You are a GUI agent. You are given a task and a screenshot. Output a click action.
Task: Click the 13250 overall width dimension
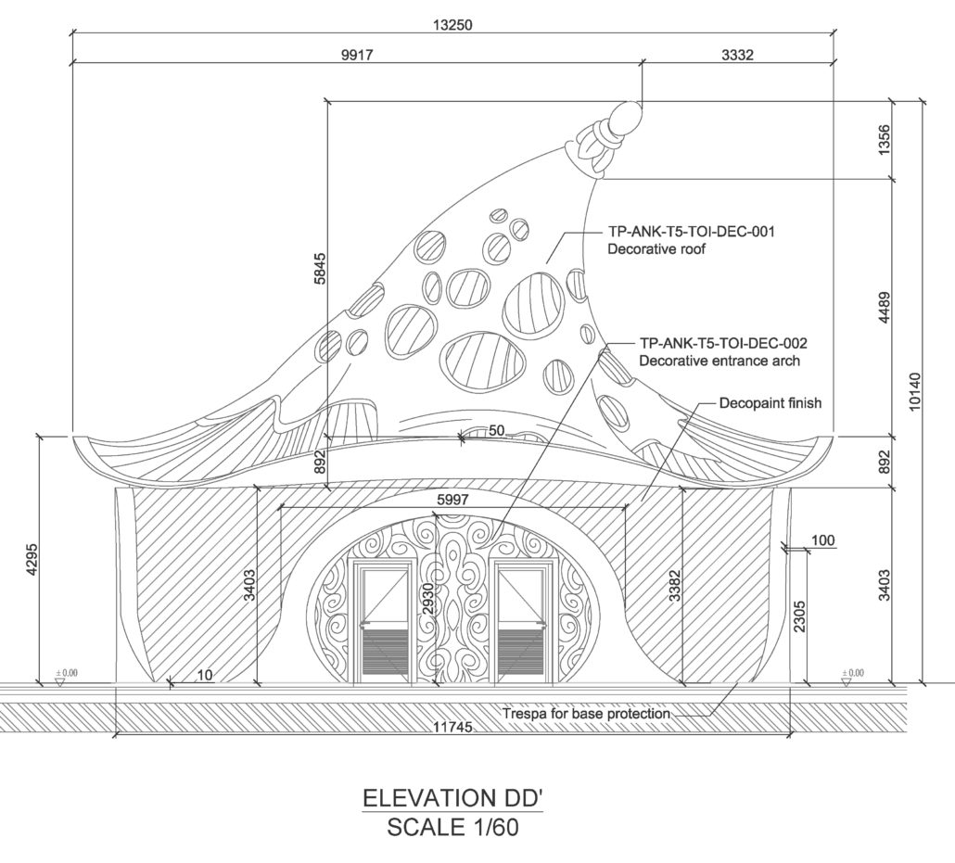(452, 25)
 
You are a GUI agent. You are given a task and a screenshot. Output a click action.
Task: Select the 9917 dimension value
(357, 55)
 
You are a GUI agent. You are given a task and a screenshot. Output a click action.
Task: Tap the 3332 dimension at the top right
(737, 55)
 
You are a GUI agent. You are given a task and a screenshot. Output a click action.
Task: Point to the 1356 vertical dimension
(885, 139)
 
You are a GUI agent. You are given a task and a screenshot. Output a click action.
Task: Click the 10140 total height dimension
(914, 391)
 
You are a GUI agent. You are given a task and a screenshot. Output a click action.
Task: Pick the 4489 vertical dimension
(885, 308)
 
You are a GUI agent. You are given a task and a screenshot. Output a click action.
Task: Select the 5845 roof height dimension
(321, 269)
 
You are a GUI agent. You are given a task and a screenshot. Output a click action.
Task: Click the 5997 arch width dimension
(453, 500)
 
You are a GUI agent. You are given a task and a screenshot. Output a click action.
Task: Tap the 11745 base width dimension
(452, 726)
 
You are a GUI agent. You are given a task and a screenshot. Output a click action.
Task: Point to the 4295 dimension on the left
(32, 558)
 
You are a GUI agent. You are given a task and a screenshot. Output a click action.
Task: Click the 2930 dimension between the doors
(427, 600)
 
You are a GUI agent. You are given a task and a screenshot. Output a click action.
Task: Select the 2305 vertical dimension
(799, 616)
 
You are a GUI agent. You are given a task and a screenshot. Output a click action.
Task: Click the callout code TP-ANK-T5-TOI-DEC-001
(692, 232)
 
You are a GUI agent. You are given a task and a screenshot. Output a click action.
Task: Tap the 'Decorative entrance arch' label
(719, 361)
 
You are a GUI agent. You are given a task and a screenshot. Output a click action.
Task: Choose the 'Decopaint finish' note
(770, 403)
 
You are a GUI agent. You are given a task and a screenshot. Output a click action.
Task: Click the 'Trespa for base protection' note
(586, 713)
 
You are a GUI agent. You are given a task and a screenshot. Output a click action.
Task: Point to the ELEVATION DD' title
(452, 798)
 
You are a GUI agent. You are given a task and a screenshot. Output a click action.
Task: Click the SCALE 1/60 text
(453, 827)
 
